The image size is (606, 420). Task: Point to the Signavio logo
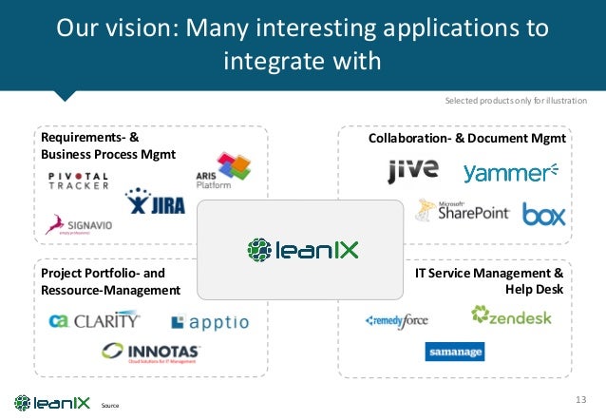click(x=75, y=224)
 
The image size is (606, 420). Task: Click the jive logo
click(x=413, y=171)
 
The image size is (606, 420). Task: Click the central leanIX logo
click(x=303, y=250)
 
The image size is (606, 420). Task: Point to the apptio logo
click(x=210, y=323)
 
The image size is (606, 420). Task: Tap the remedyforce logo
click(x=397, y=321)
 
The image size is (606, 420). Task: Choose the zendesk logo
click(x=510, y=316)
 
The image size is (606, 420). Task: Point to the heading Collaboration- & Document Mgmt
click(x=466, y=140)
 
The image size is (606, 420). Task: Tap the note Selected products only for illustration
click(x=516, y=101)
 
